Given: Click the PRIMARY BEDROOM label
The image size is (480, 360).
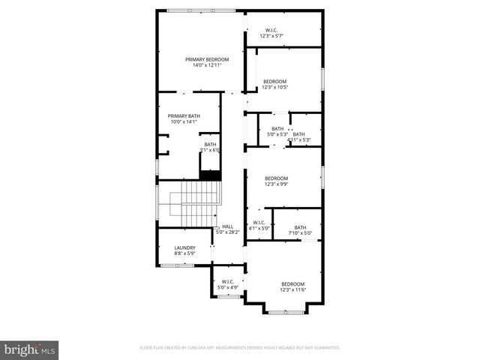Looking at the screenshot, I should [207, 59].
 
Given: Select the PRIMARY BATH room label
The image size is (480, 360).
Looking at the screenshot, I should [184, 116].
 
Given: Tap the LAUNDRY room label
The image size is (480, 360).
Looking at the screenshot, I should [185, 248].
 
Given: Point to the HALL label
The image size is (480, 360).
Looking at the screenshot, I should [227, 226].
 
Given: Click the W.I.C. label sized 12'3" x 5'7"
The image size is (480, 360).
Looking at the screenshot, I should [271, 31].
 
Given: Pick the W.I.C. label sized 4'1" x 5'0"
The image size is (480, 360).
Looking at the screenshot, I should [259, 223].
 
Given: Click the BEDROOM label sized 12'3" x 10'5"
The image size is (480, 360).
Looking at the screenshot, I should [274, 82].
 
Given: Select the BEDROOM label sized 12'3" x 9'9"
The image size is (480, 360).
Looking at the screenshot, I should [276, 178].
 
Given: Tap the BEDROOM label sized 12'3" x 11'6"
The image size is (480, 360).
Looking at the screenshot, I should [292, 283].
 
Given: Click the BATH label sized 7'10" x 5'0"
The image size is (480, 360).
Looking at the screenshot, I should [300, 228].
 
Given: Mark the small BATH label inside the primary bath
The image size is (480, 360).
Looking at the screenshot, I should [210, 145].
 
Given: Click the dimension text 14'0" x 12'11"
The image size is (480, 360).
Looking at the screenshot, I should [207, 65].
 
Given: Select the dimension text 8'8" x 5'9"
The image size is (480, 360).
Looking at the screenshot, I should [185, 253].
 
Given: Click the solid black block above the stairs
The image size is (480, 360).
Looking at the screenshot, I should [210, 175].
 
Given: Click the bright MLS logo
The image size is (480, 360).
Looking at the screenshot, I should [29, 349].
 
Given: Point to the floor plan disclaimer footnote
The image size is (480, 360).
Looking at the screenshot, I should [240, 348].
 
